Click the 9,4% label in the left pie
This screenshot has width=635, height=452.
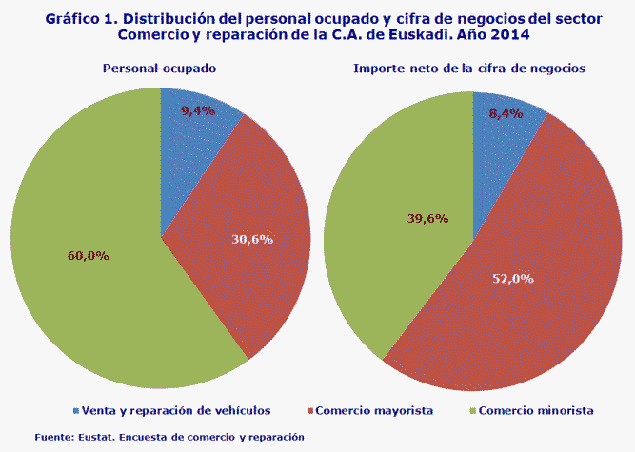[x=197, y=110]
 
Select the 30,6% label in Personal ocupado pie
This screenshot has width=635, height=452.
[x=252, y=239]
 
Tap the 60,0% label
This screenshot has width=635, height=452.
[x=89, y=255]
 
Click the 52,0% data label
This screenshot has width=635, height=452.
[x=511, y=279]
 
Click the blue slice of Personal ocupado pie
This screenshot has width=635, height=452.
[x=190, y=143]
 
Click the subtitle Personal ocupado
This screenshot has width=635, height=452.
[x=159, y=69]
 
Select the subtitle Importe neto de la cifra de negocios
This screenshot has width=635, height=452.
[x=468, y=69]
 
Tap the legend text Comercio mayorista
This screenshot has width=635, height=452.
[x=375, y=411]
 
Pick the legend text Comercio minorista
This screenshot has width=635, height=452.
[x=536, y=411]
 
